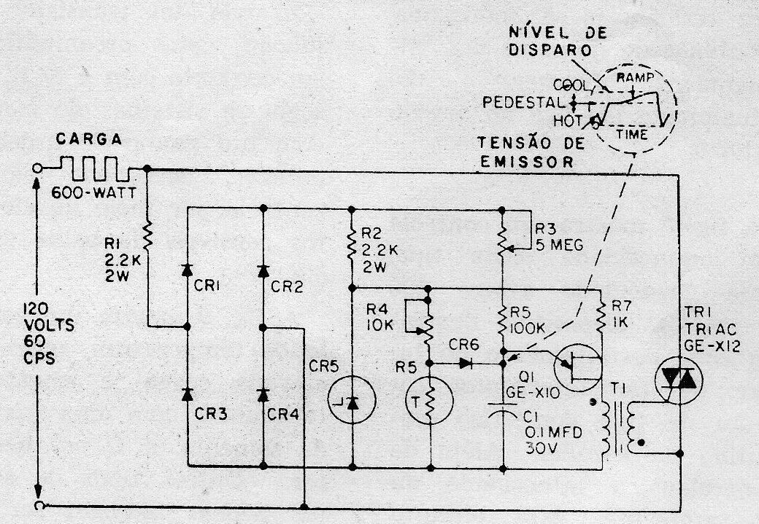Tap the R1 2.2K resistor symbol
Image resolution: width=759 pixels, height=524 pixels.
148,235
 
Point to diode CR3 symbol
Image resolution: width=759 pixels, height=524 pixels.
188,394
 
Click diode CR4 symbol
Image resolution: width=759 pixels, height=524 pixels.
262,394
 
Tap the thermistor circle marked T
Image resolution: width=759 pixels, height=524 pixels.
429,399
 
